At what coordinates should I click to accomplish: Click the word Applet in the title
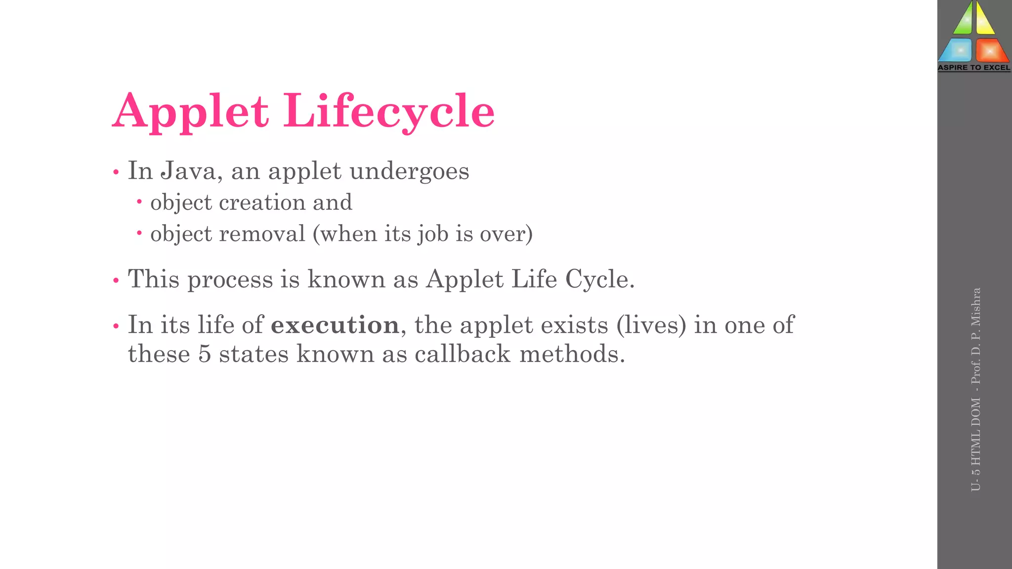pyautogui.click(x=191, y=112)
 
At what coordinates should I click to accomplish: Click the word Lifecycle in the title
pyautogui.click(x=389, y=112)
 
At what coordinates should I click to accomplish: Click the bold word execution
pyautogui.click(x=335, y=325)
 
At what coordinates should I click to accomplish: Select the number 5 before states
pyautogui.click(x=205, y=354)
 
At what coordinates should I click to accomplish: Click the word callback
pyautogui.click(x=462, y=354)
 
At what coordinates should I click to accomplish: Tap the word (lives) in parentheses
pyautogui.click(x=651, y=325)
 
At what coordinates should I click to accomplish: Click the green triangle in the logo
pyautogui.click(x=963, y=20)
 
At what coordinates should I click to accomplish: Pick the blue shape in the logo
pyautogui.click(x=957, y=50)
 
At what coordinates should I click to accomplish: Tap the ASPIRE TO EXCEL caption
pyautogui.click(x=974, y=68)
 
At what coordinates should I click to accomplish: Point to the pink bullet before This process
pyautogui.click(x=116, y=281)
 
